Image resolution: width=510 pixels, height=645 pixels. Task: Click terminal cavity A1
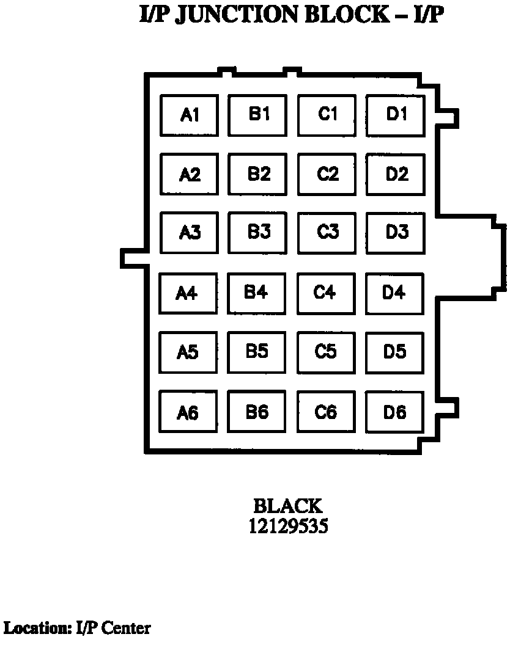click(x=190, y=115)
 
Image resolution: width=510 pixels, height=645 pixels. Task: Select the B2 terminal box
click(x=258, y=174)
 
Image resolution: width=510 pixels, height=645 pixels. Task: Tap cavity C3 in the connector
click(x=327, y=232)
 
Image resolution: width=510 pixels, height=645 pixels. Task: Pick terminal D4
click(x=394, y=293)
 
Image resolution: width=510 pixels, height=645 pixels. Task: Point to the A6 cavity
click(x=188, y=413)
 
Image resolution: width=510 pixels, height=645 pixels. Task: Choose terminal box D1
click(x=396, y=114)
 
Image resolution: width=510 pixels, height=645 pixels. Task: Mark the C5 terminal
click(x=326, y=352)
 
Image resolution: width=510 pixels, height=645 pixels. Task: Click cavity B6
click(x=257, y=412)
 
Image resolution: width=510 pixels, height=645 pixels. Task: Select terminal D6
click(x=394, y=412)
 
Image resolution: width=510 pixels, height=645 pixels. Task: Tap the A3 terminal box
click(x=190, y=233)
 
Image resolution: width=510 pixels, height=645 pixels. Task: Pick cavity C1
click(x=327, y=114)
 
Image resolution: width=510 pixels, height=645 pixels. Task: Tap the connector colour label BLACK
click(x=287, y=506)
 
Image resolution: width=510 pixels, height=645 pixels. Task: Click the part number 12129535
click(x=287, y=526)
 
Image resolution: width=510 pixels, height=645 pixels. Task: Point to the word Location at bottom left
click(x=38, y=628)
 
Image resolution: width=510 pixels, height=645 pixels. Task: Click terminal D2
click(x=396, y=174)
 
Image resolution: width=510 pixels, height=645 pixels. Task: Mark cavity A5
click(x=188, y=352)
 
